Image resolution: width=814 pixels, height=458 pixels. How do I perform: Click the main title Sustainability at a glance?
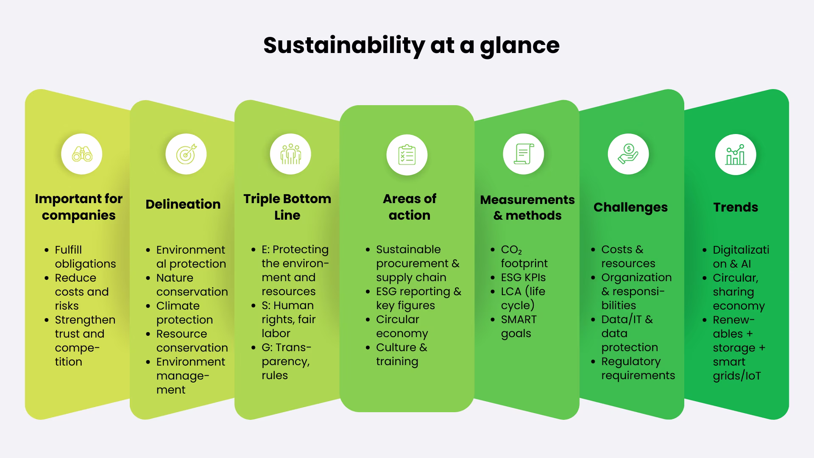coord(411,45)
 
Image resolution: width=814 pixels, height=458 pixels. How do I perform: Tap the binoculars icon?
coord(82,154)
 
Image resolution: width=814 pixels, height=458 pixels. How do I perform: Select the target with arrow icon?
coord(186,154)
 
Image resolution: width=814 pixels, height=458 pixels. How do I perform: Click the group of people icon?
coord(290,154)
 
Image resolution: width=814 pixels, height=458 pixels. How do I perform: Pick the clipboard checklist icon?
coord(407,155)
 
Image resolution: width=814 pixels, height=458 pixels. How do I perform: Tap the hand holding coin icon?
coord(628,154)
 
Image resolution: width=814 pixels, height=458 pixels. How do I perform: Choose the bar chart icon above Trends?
coord(736,155)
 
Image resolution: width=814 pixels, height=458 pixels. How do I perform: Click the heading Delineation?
coord(183,204)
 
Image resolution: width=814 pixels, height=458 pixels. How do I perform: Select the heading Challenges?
coord(630,207)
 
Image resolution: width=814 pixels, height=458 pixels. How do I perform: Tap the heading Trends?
coord(736,207)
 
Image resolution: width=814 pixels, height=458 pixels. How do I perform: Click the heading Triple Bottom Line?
coord(287,207)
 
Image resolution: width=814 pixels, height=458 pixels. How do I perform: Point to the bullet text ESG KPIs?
coord(523,277)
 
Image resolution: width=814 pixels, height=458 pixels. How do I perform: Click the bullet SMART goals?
coord(518,326)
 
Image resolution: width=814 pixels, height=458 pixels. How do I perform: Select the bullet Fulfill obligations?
coord(85,257)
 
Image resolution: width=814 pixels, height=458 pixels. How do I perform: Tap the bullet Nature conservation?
coord(192,285)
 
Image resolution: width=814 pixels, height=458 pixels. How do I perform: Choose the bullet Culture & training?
coord(401,354)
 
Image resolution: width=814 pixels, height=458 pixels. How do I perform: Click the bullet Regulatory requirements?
coord(638,368)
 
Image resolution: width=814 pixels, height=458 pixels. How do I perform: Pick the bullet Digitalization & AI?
coord(740,257)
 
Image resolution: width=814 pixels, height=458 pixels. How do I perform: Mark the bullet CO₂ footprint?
coord(524,257)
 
